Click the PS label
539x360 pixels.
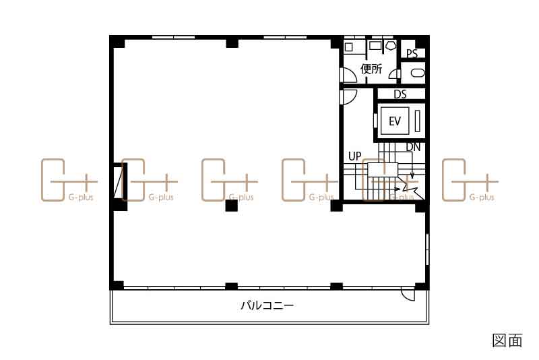412,53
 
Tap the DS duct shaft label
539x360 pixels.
400,94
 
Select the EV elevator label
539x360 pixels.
395,121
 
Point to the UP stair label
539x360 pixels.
355,156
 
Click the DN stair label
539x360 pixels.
413,147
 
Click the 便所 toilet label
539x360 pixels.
371,69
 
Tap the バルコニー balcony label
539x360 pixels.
267,305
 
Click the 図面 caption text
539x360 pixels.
507,340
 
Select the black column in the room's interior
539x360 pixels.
232,205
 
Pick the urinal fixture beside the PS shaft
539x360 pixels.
417,73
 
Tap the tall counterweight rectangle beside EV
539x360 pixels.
417,121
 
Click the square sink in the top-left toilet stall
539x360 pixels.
348,47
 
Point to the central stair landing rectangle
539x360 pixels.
383,170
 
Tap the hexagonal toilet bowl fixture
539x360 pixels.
391,46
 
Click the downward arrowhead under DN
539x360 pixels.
412,176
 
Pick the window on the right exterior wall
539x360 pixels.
427,249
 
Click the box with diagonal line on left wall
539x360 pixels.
121,181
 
